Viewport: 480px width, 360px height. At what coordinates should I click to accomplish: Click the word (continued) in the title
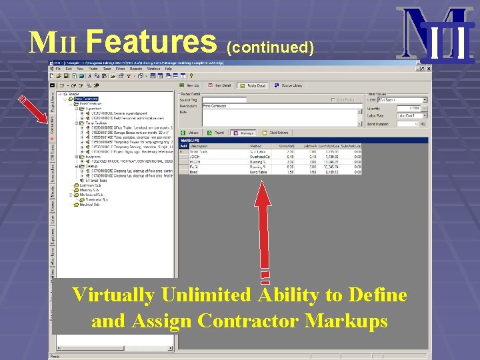click(270, 47)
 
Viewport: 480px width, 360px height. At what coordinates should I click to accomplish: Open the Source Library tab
click(291, 85)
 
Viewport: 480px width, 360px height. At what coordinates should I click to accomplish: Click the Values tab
click(192, 133)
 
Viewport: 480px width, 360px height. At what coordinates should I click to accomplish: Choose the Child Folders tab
click(275, 133)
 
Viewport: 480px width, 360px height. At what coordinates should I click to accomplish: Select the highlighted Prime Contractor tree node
click(87, 99)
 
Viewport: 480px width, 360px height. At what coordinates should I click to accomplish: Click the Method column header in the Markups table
click(256, 145)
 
